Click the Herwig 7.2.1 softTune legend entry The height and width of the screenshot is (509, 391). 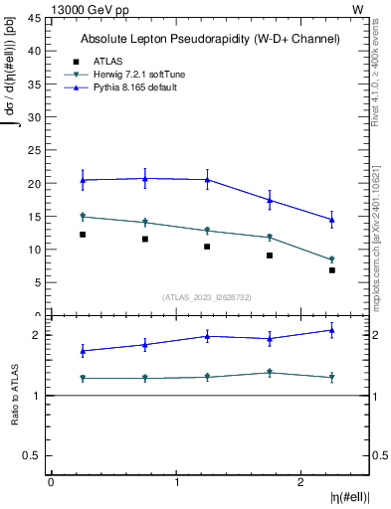click(x=140, y=75)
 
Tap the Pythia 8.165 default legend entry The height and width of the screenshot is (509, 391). click(x=137, y=88)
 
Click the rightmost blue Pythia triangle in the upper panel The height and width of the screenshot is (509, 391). click(x=332, y=219)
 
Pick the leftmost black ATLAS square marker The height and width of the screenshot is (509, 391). click(x=83, y=235)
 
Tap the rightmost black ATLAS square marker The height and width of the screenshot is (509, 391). click(x=332, y=270)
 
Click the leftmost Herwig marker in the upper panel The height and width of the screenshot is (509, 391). click(x=83, y=216)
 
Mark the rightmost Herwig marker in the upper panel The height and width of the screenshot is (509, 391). click(x=332, y=259)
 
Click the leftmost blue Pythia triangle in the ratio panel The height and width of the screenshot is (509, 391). click(x=83, y=351)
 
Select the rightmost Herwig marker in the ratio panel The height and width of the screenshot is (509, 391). click(x=332, y=378)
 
